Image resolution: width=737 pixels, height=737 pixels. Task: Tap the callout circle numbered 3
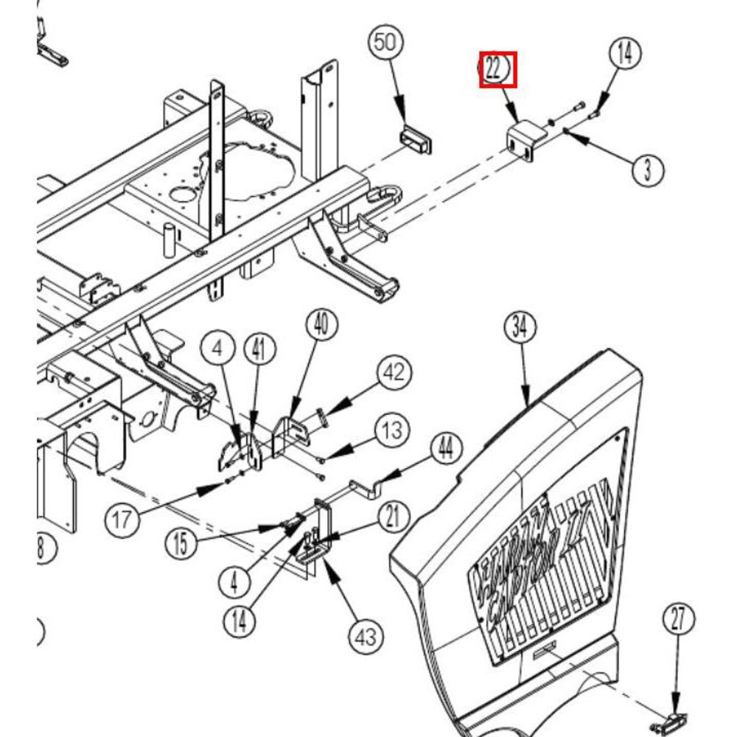pyautogui.click(x=647, y=170)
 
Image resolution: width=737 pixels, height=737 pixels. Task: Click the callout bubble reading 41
pyautogui.click(x=259, y=351)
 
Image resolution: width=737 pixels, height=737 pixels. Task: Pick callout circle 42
pyautogui.click(x=394, y=372)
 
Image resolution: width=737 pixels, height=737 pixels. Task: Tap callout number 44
pyautogui.click(x=444, y=448)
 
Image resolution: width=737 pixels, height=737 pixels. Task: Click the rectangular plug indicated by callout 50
pyautogui.click(x=415, y=139)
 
